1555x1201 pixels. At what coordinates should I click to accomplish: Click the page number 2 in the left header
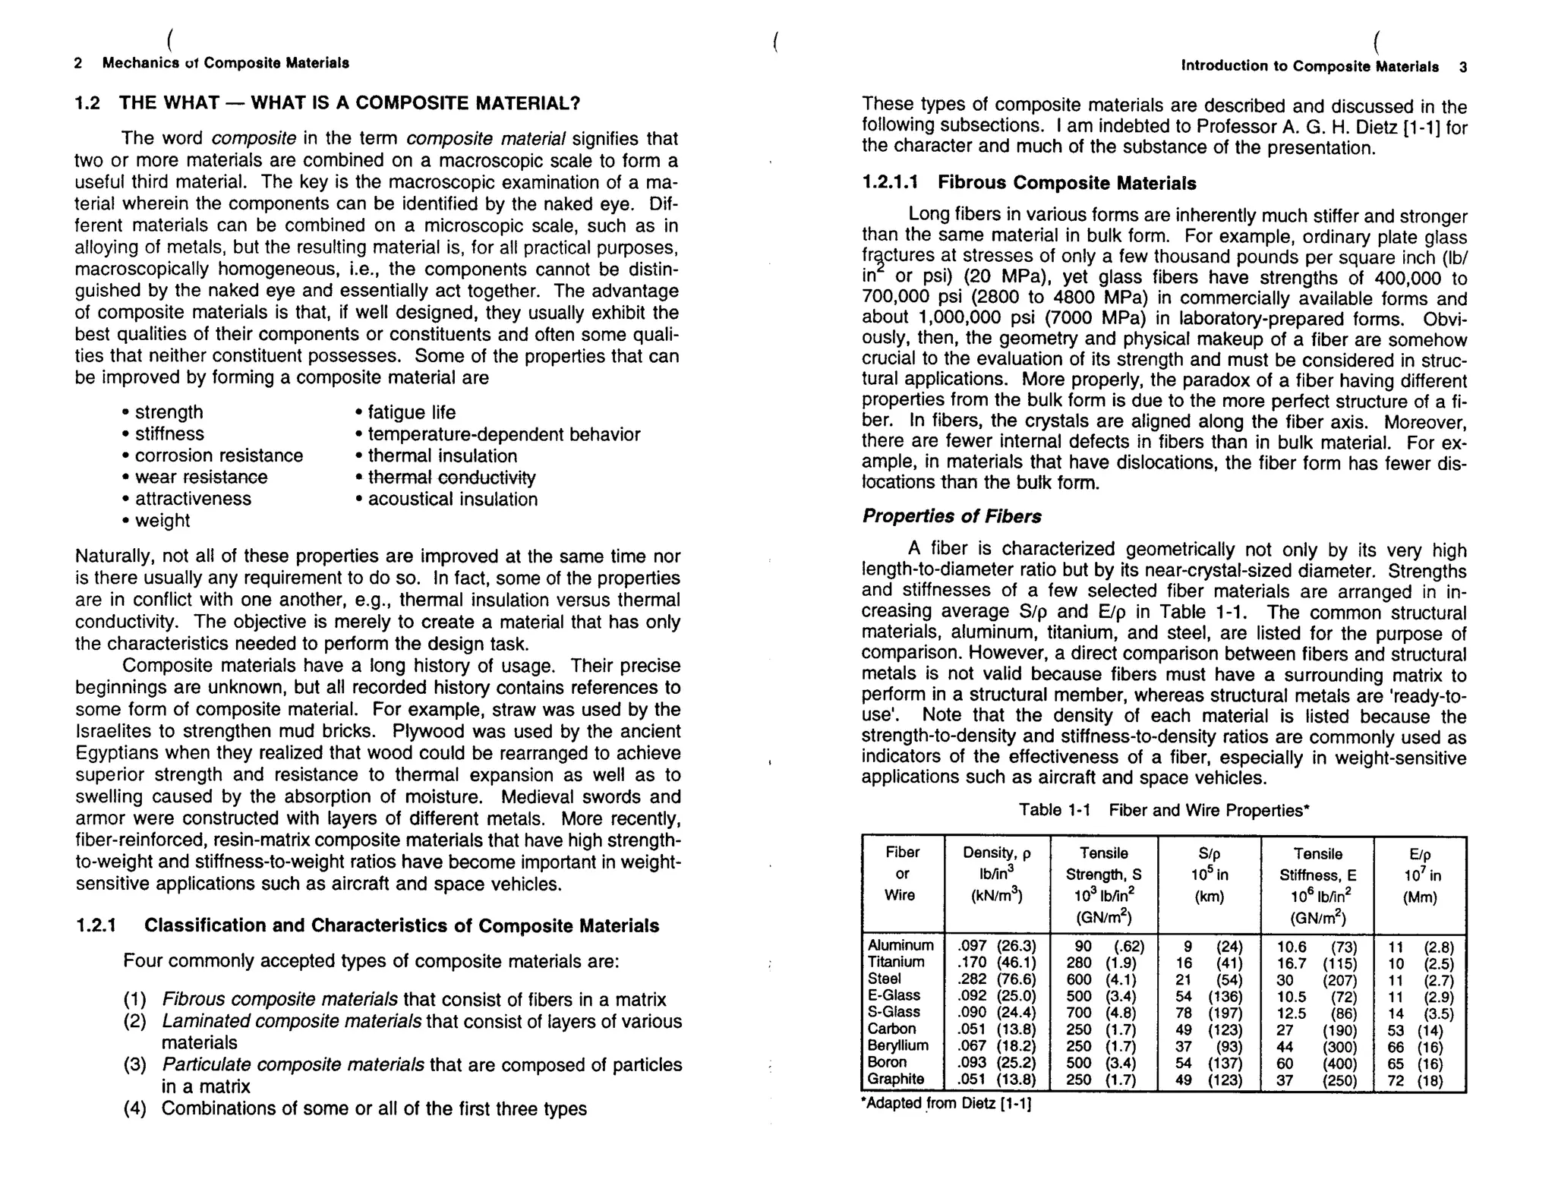(x=78, y=63)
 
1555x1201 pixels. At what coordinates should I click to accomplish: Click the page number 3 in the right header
(x=1462, y=67)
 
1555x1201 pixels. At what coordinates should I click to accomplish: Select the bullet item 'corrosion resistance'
(x=218, y=455)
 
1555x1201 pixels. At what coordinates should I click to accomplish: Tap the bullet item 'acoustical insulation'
(x=453, y=500)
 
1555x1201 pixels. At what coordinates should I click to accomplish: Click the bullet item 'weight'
(x=162, y=521)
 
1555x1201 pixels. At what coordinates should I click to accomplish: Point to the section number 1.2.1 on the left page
(x=96, y=925)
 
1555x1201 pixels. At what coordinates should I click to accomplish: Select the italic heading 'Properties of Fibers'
(x=951, y=516)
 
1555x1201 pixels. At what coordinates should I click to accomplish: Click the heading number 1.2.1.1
(x=890, y=183)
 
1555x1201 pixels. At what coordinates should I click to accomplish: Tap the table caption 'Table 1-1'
(x=1054, y=810)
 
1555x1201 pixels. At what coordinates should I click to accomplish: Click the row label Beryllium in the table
(x=897, y=1045)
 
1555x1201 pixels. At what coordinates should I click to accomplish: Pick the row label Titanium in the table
(x=896, y=962)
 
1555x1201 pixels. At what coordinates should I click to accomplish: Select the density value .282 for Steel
(x=971, y=979)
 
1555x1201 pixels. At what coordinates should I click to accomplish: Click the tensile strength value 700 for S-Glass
(x=1078, y=1013)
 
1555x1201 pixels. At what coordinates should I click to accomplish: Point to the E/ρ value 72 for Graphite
(x=1396, y=1081)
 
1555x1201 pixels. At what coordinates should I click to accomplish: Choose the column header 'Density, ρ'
(x=996, y=853)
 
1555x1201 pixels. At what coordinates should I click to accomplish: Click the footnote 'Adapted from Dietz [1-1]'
(x=947, y=1104)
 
